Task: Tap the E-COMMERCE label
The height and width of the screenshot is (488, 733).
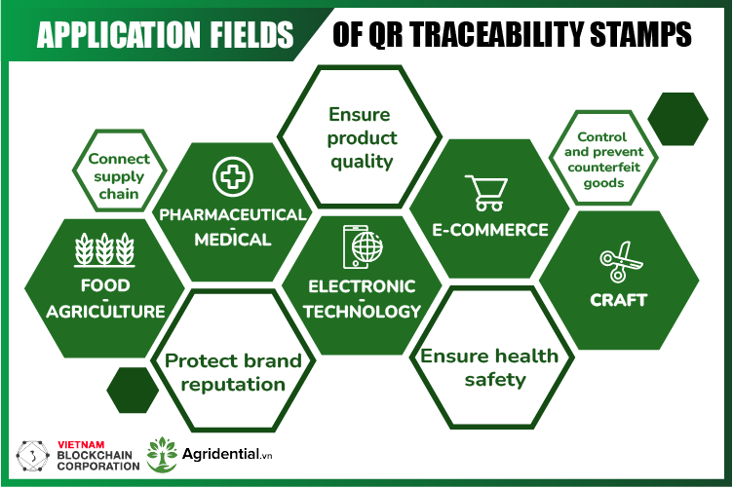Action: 490,231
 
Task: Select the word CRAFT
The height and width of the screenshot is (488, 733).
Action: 618,300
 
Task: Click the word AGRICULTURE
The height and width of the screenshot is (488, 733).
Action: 105,312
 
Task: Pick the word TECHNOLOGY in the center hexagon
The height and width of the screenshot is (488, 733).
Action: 362,312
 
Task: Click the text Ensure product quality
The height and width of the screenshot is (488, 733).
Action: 360,137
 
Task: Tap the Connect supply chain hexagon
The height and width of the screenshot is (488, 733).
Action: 118,176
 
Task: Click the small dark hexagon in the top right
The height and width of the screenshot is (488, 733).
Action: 677,119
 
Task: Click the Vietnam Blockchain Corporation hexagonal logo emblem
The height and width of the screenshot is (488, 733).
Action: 38,456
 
